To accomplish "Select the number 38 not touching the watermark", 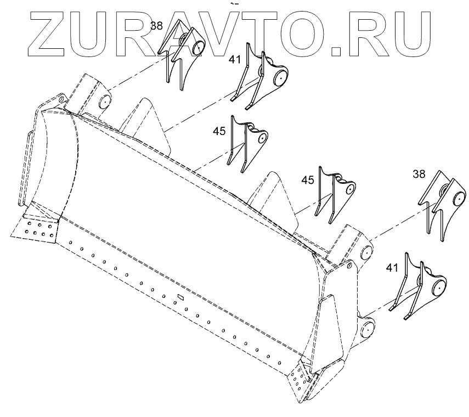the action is [x=419, y=174].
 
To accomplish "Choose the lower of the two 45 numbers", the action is [x=308, y=180].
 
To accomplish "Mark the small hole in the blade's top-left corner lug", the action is [x=61, y=99].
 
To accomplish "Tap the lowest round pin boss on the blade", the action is [x=367, y=330].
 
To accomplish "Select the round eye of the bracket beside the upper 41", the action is [x=280, y=78].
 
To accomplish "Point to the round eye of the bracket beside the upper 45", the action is [x=263, y=137].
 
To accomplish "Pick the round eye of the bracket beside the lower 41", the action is [x=438, y=286].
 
